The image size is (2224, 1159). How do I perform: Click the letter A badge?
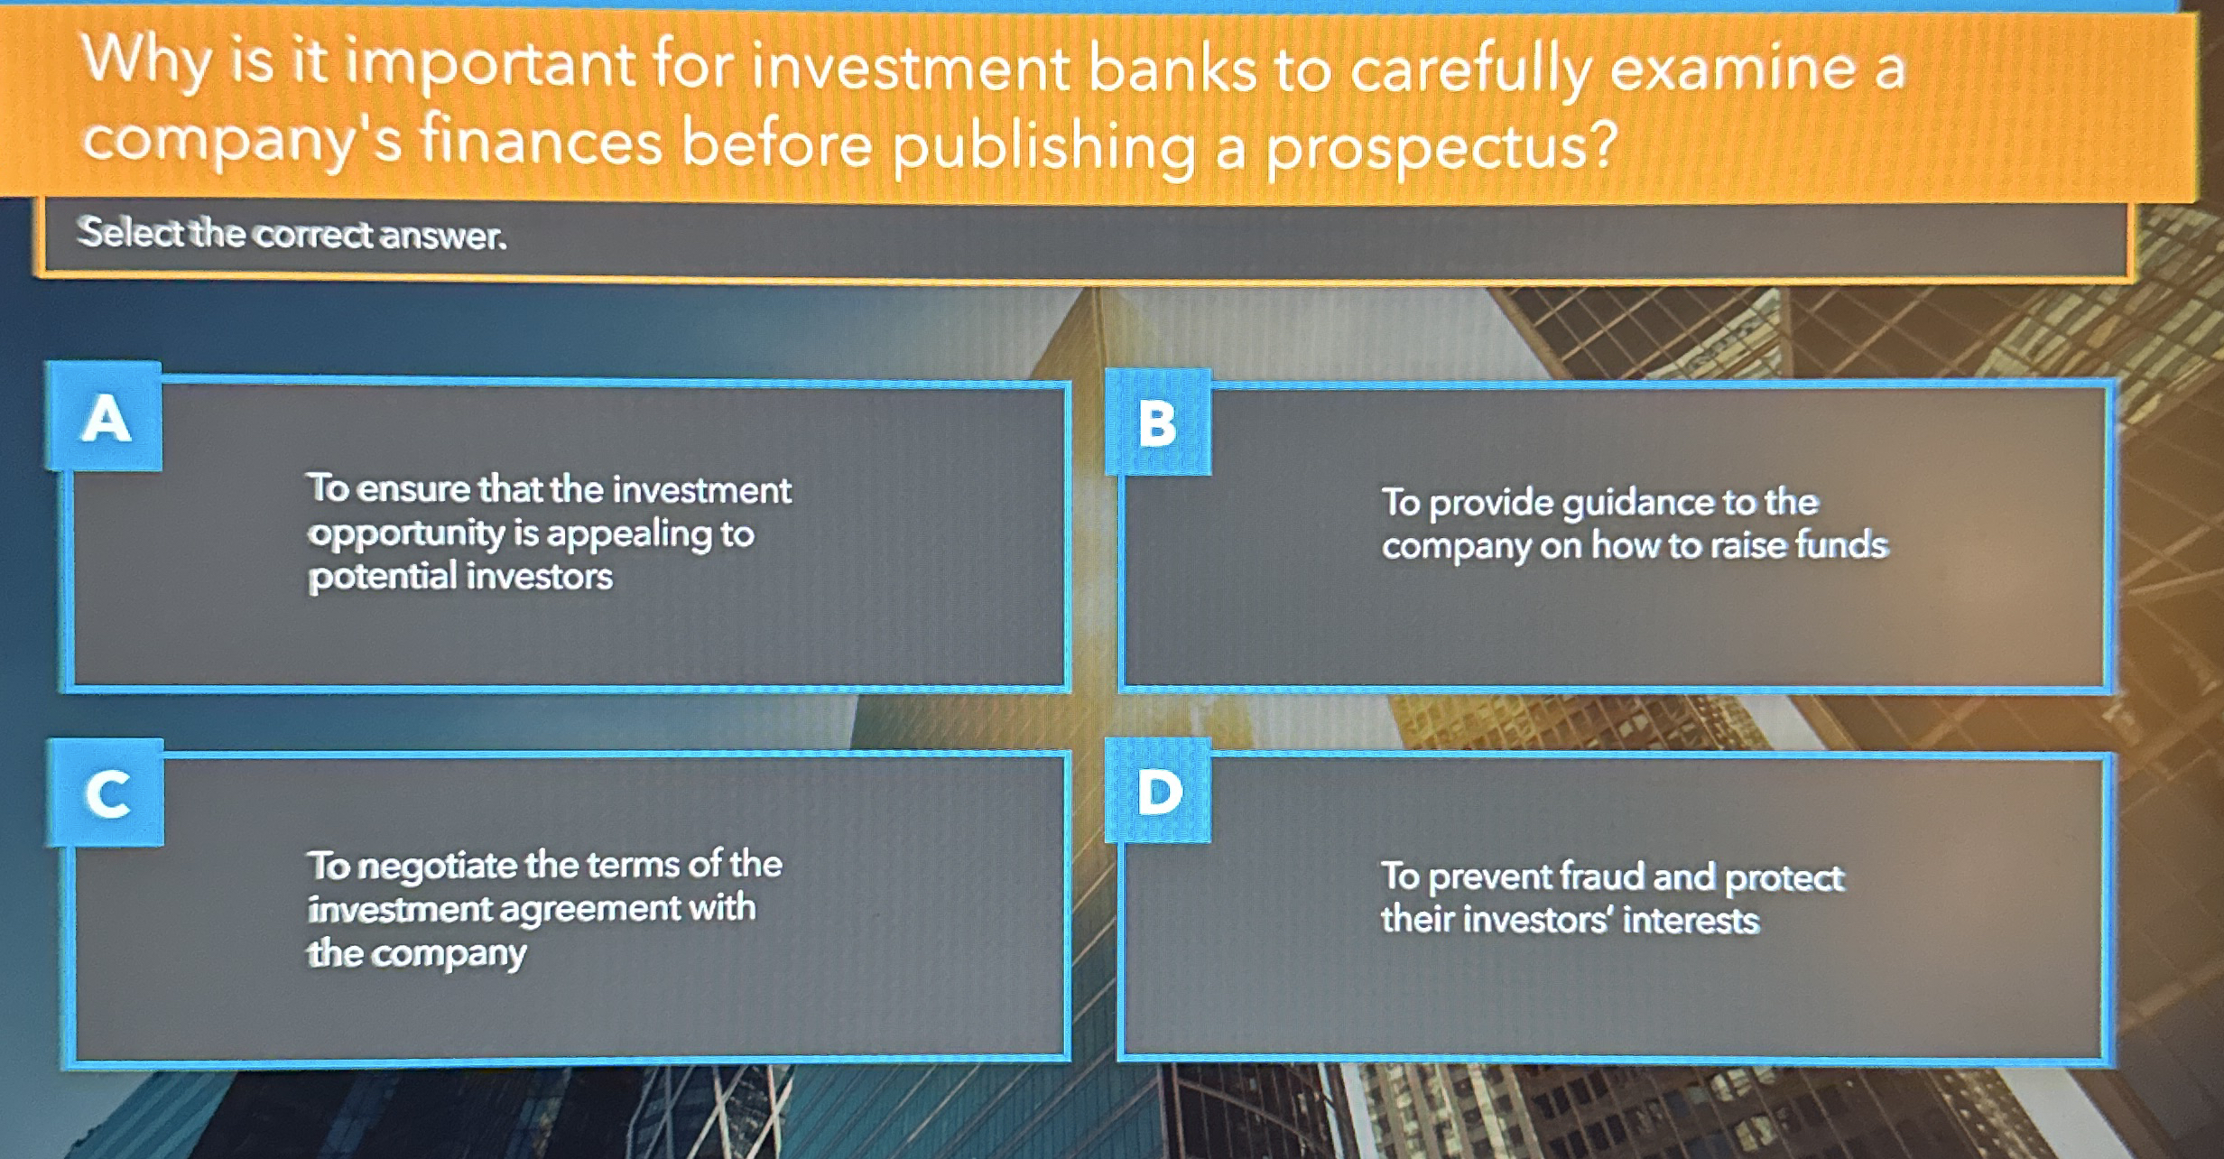(105, 416)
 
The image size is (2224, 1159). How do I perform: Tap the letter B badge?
(1158, 422)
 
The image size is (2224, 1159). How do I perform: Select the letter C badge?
(107, 793)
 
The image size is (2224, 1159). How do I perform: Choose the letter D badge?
(1158, 791)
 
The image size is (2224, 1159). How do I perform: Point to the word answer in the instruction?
(443, 236)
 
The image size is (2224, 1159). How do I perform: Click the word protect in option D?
(1784, 878)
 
